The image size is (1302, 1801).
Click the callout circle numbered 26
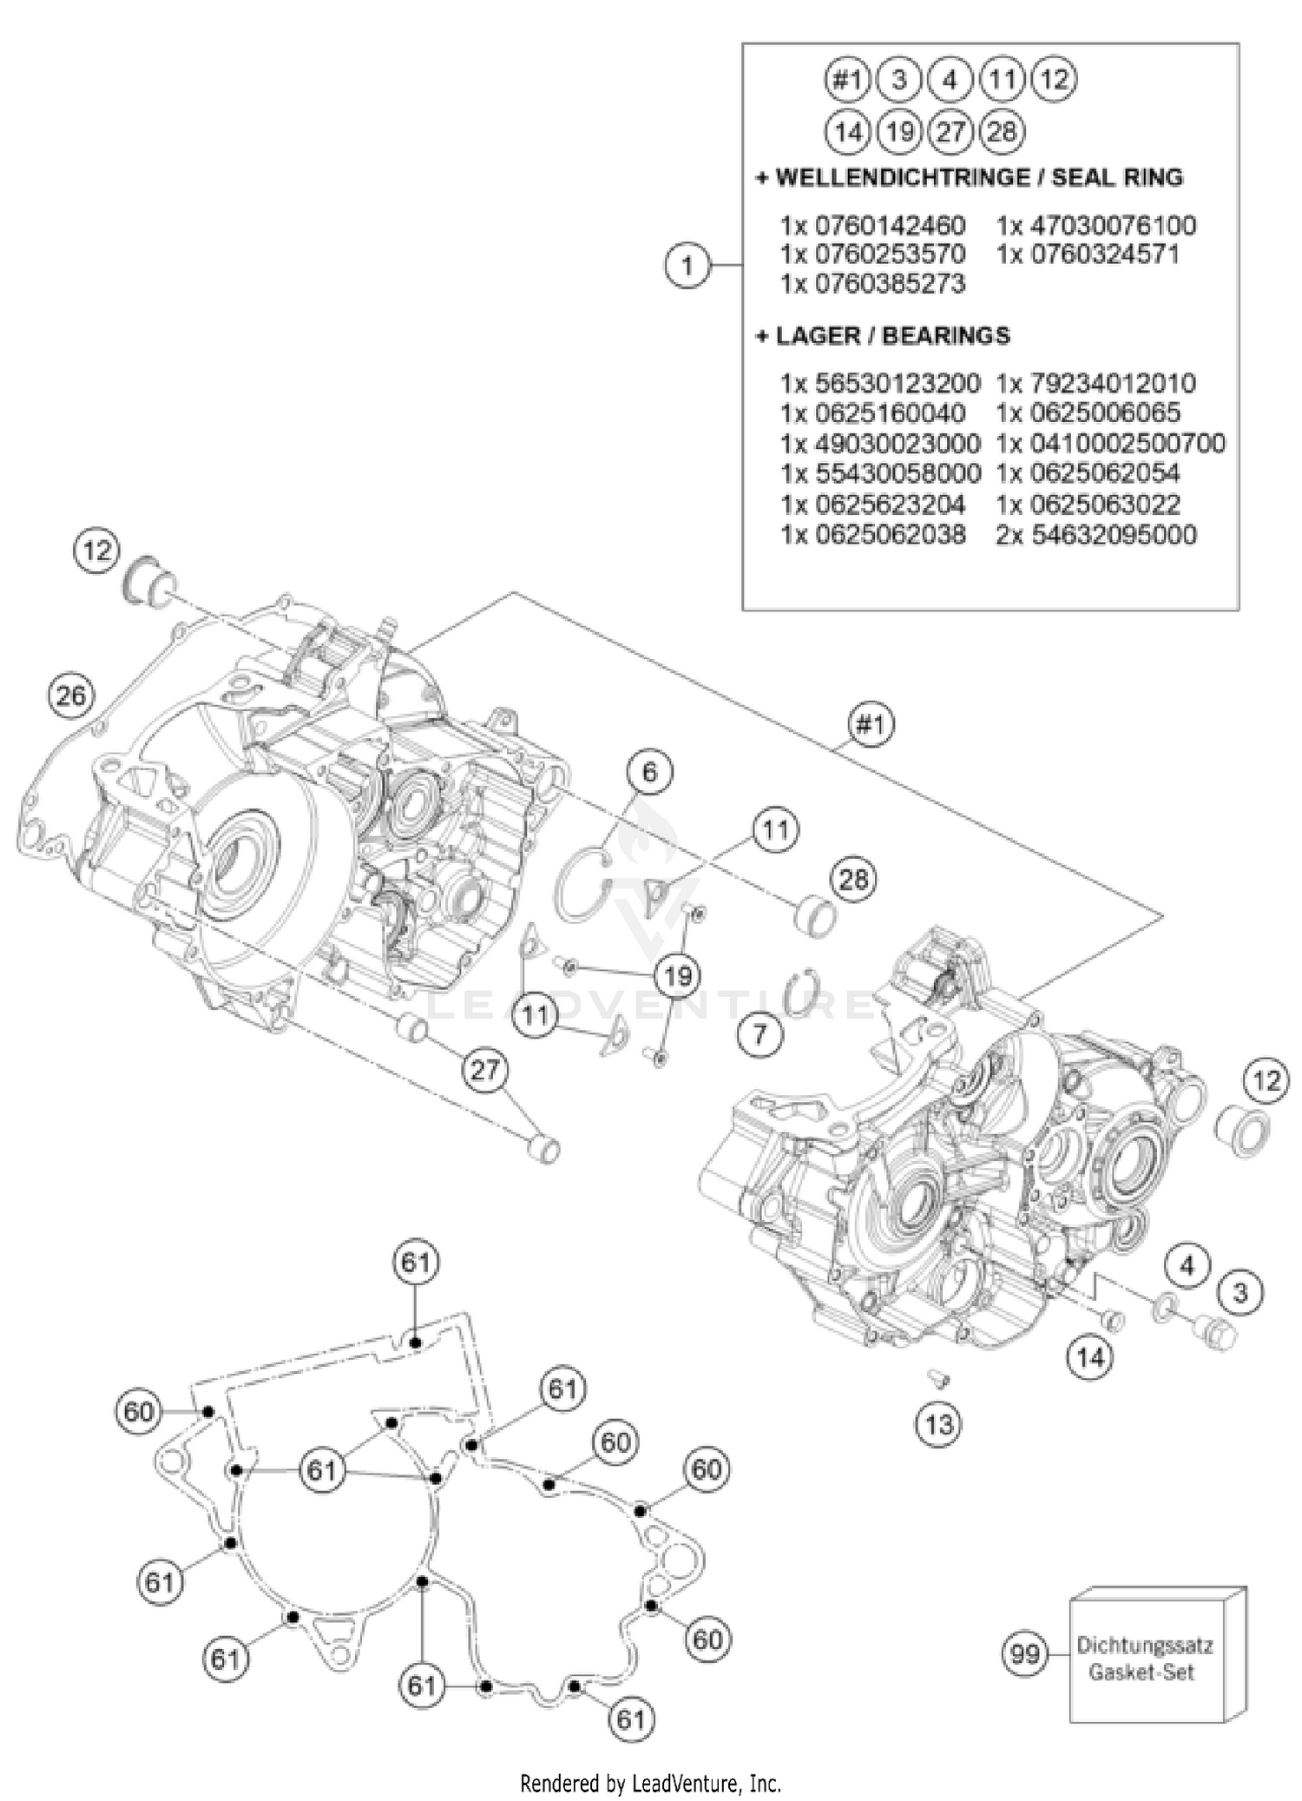tap(71, 696)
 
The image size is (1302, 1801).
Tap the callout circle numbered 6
tap(649, 770)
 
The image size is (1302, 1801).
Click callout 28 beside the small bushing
tap(853, 880)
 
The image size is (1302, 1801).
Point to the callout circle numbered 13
tap(939, 1424)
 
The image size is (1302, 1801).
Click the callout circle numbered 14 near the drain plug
tap(1090, 1356)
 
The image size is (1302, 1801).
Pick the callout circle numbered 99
tap(1025, 1653)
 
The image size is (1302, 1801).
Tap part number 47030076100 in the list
tap(1112, 226)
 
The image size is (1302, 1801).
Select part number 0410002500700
tap(1128, 444)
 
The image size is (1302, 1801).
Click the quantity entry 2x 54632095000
tap(1096, 535)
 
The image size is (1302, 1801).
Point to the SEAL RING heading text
tap(1117, 177)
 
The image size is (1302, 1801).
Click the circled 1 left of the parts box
tap(687, 265)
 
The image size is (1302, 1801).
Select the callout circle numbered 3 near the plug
tap(1240, 1293)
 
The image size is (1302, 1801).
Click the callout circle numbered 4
tap(1187, 1265)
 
